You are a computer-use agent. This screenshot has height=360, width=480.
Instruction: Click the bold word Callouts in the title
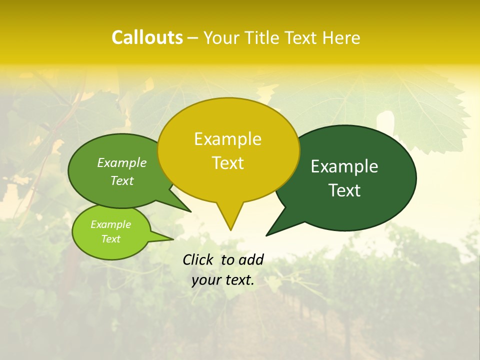pyautogui.click(x=147, y=37)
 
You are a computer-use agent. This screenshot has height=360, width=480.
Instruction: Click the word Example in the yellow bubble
pyautogui.click(x=227, y=139)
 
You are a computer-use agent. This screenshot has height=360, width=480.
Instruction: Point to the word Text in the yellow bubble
pyautogui.click(x=227, y=163)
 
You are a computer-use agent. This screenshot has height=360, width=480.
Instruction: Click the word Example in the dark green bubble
pyautogui.click(x=344, y=166)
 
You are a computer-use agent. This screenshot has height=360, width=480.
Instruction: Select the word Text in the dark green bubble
pyautogui.click(x=344, y=190)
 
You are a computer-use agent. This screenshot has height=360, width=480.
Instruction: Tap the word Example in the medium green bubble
pyautogui.click(x=121, y=163)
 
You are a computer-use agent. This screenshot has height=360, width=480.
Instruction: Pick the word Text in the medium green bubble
pyautogui.click(x=121, y=180)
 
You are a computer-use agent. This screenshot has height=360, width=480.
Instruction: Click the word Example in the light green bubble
pyautogui.click(x=110, y=224)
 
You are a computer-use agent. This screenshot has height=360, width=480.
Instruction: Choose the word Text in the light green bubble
pyautogui.click(x=110, y=239)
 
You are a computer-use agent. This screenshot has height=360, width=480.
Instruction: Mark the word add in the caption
pyautogui.click(x=251, y=259)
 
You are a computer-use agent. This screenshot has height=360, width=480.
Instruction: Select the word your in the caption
pyautogui.click(x=205, y=280)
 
